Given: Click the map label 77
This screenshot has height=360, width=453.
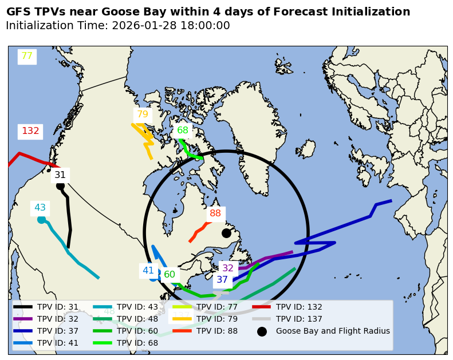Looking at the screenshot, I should [27, 56].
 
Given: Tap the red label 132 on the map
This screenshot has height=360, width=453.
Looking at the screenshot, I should [30, 131].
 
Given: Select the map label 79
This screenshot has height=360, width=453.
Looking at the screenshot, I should [143, 114].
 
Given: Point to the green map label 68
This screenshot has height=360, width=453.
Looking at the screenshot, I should [183, 130].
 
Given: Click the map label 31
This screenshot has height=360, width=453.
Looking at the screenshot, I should [60, 175].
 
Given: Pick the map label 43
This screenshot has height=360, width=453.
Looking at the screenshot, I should [40, 208].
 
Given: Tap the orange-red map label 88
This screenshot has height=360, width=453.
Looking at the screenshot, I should [215, 213].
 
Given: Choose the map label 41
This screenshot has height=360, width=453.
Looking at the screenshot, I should [148, 271].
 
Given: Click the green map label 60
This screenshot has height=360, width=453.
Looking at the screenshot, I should [170, 275].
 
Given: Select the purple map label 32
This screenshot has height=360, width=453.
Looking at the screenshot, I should [228, 268].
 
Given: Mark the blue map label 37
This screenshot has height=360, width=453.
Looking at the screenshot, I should [222, 280].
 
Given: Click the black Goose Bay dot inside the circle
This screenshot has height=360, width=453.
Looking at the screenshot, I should [226, 233].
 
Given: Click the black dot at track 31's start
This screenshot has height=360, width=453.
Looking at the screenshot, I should [60, 185].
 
